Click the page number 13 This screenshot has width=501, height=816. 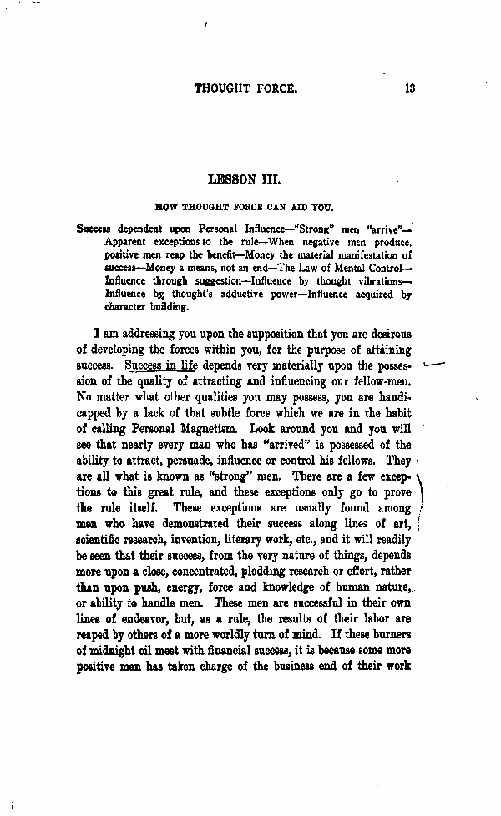point(409,88)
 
